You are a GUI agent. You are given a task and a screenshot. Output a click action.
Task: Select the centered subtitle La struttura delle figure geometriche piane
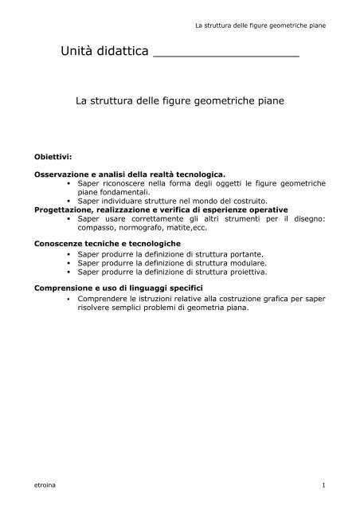(180, 102)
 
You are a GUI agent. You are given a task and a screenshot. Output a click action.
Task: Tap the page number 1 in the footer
(323, 483)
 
